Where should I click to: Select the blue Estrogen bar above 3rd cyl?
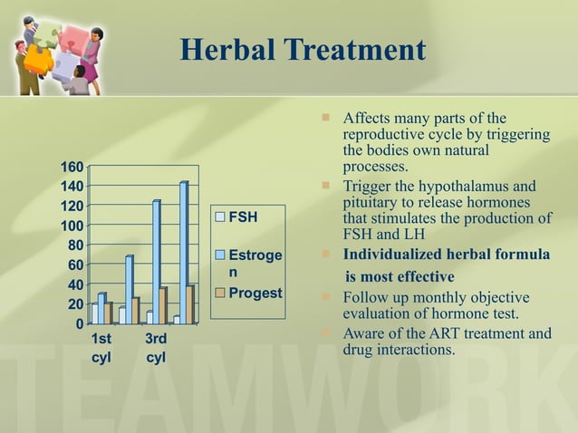(157, 262)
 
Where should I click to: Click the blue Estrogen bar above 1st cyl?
(102, 308)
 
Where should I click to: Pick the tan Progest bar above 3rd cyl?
(163, 305)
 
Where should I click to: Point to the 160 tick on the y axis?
(72, 167)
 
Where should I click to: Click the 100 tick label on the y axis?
(72, 226)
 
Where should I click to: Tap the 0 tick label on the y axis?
(79, 323)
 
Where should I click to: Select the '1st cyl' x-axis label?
(102, 348)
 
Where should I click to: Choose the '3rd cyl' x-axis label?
(156, 348)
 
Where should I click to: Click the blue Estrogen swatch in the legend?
(220, 256)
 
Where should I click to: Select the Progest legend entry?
(255, 293)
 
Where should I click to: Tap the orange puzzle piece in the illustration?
(38, 59)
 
